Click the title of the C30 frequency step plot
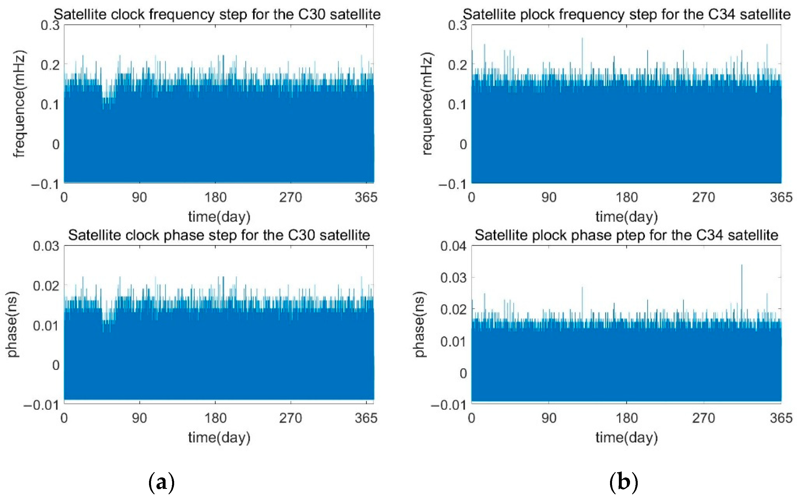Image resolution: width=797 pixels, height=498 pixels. click(x=217, y=15)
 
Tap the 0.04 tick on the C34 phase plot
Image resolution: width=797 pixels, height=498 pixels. click(x=453, y=246)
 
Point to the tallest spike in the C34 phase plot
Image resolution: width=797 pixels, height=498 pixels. click(x=741, y=266)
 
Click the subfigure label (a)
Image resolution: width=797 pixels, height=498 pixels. click(x=161, y=483)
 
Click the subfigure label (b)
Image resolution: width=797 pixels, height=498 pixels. click(x=623, y=483)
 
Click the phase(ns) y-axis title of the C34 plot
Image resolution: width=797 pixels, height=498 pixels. click(x=419, y=324)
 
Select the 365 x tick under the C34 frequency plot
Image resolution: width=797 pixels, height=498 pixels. click(x=781, y=198)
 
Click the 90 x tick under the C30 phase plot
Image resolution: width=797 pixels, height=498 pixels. click(x=139, y=418)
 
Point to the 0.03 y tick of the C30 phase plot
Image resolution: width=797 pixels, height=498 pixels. click(x=46, y=246)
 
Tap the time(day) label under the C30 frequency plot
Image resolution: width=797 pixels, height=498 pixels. click(x=219, y=217)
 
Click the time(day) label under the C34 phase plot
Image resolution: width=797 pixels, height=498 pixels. click(x=627, y=437)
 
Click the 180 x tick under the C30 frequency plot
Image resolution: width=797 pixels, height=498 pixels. click(x=215, y=198)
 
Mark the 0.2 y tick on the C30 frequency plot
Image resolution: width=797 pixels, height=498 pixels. click(x=50, y=65)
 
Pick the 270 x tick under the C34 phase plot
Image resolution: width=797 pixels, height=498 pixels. click(x=703, y=418)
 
